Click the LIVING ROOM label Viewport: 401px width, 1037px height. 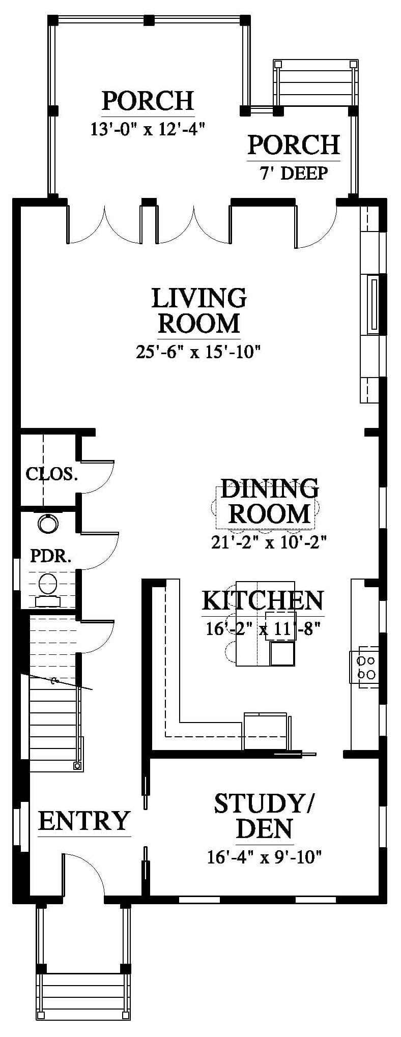pos(199,310)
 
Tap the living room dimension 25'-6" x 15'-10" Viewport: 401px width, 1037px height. pos(198,352)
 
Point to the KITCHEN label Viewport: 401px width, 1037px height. pos(263,600)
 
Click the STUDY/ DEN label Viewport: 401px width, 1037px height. pos(264,823)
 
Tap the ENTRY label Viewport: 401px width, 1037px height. pos(84,821)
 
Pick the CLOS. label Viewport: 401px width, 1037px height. pos(52,474)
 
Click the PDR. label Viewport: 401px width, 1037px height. pos(50,556)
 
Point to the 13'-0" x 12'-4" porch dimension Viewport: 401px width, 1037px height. pos(148,129)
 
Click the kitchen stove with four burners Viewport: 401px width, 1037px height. pos(364,667)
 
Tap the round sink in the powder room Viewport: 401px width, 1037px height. pos(48,524)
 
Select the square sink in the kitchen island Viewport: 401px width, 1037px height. pos(282,654)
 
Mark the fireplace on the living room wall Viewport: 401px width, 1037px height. pos(373,304)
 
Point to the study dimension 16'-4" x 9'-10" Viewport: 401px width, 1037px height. pos(265,857)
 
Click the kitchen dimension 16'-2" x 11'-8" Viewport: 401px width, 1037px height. pos(263,629)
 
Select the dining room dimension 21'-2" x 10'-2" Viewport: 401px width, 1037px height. pos(269,542)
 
